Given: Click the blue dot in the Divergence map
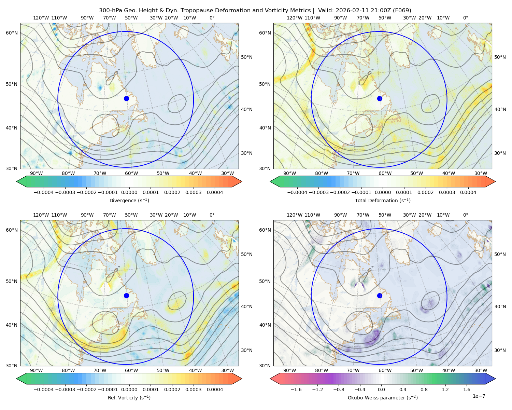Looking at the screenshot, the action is click(x=126, y=98).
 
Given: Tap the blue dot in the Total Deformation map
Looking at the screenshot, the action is click(x=380, y=98).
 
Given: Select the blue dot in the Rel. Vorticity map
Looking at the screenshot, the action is click(x=126, y=296).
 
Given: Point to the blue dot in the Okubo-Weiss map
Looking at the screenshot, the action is click(x=380, y=296).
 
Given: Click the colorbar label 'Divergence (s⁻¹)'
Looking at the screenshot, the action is click(x=129, y=200).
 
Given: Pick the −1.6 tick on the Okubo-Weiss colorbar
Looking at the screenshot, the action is click(x=296, y=389).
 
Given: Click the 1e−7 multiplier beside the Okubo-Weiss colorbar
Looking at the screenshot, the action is click(x=479, y=396).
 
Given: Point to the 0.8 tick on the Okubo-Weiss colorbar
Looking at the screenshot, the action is click(x=424, y=389).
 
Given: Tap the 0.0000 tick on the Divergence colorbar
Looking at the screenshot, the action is click(x=129, y=192).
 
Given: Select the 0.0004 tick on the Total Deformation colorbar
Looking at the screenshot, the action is click(x=468, y=192).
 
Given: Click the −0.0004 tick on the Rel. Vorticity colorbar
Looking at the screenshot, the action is click(x=44, y=389).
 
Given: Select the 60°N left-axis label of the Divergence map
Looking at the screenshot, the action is click(x=12, y=33).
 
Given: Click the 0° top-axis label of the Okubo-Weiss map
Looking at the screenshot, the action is click(x=465, y=215).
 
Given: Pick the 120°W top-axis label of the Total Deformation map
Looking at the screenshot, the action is click(x=295, y=18).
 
